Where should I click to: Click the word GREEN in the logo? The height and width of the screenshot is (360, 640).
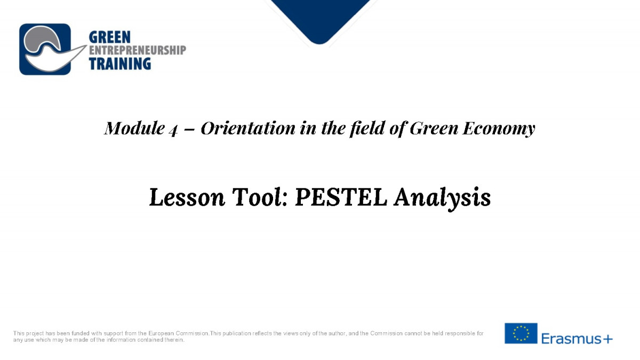tap(110, 37)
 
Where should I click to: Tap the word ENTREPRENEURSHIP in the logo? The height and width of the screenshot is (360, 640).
tap(138, 50)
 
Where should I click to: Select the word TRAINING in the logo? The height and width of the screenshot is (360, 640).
tap(120, 63)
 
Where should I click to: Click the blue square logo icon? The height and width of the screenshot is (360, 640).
tap(45, 49)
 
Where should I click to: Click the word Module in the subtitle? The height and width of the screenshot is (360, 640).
tap(134, 128)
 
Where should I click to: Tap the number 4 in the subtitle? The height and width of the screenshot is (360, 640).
tap(173, 130)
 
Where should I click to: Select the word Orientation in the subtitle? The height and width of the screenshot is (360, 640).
tap(248, 128)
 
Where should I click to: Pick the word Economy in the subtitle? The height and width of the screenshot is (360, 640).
tap(499, 129)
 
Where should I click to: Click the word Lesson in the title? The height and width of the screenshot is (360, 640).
tap(187, 197)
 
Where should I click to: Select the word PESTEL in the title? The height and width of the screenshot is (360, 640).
tap(341, 197)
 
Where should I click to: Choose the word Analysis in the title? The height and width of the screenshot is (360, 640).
tap(442, 198)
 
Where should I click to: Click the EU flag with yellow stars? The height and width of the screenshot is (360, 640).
tap(521, 333)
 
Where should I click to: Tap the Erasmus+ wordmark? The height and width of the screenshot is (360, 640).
tap(577, 339)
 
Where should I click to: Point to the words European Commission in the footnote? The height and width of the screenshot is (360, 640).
tap(179, 333)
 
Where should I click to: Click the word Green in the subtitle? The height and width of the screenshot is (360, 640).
tap(434, 128)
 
